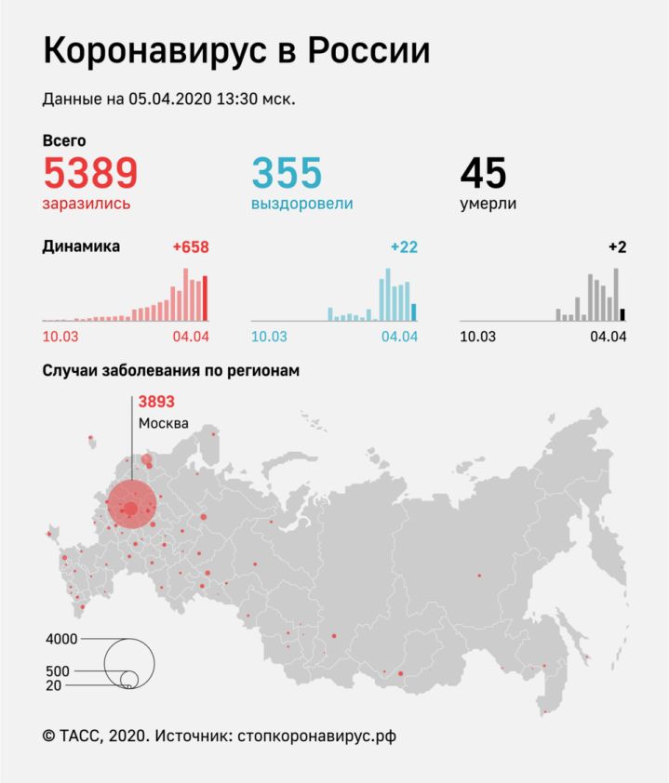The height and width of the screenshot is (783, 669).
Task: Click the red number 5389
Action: pos(90,173)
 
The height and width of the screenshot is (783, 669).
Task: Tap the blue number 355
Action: pos(287,173)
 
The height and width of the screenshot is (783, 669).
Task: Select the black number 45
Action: pos(484,173)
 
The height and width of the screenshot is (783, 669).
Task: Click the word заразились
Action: pos(87,203)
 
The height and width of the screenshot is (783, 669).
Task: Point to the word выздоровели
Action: pos(302,203)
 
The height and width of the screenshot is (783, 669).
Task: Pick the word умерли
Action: pos(488,203)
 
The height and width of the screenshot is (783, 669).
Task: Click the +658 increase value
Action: pos(191,247)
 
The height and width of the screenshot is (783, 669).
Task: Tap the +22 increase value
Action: pos(404,247)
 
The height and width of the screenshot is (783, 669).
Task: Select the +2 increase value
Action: pos(617,247)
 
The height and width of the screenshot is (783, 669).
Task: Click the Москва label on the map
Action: pos(164,423)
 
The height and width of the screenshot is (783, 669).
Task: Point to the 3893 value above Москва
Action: pos(156,402)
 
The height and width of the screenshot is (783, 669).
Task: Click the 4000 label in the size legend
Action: pos(60,639)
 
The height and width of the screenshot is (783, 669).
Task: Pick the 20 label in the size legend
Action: pos(55,685)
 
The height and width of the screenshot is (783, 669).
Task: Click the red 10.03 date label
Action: pos(60,336)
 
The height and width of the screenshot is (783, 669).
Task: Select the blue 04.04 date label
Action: pos(399,336)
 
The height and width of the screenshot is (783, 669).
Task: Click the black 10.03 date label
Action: pos(477,336)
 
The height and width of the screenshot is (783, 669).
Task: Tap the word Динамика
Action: pos(81,246)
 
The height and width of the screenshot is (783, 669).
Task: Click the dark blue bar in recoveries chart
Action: pos(413,312)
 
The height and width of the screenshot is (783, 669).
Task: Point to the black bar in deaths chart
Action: pos(622,315)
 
